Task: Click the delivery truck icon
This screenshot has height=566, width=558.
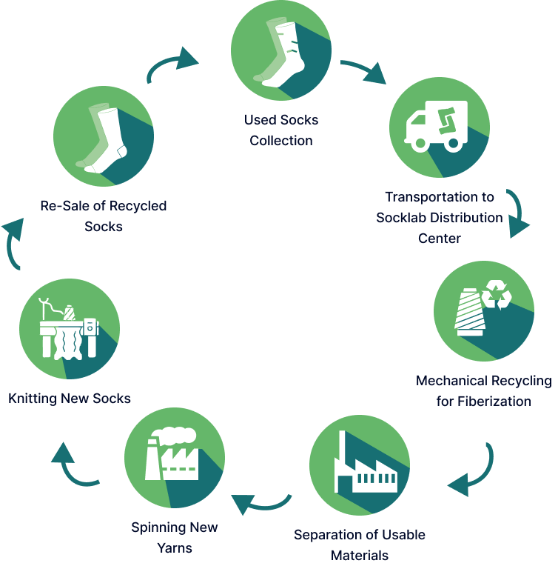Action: tap(436, 127)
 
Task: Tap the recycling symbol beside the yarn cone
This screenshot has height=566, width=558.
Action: tap(497, 295)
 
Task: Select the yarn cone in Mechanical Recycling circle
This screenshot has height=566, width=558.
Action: tap(470, 312)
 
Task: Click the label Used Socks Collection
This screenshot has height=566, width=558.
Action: tap(281, 130)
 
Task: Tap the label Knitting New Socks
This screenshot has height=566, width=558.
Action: tap(70, 399)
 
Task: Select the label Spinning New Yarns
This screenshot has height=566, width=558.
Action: tap(175, 538)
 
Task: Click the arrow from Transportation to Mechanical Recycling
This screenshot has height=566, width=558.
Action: tap(518, 213)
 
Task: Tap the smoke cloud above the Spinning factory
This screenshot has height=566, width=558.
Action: tap(174, 436)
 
